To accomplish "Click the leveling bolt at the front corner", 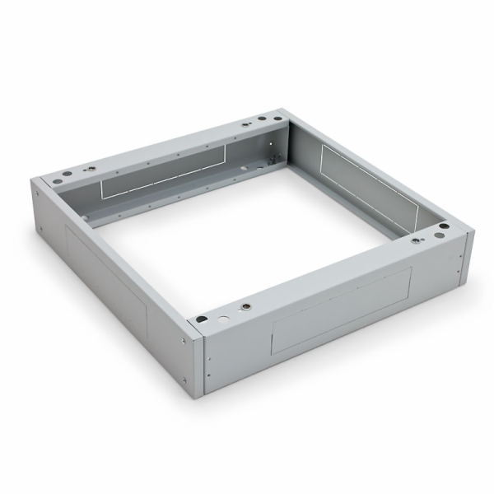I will click(244, 306).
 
